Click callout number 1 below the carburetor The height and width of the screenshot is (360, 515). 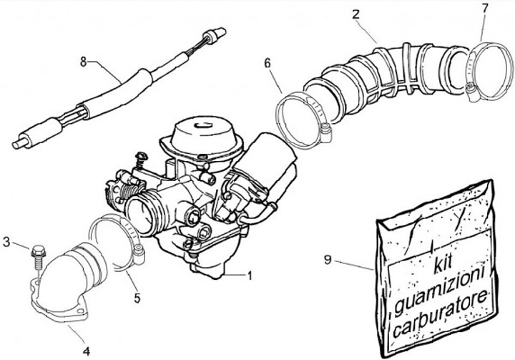pyautogui.click(x=250, y=274)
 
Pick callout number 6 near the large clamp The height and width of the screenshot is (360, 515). pyautogui.click(x=268, y=64)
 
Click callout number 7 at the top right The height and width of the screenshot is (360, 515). pyautogui.click(x=485, y=9)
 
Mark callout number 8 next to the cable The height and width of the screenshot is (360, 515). pyautogui.click(x=84, y=62)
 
